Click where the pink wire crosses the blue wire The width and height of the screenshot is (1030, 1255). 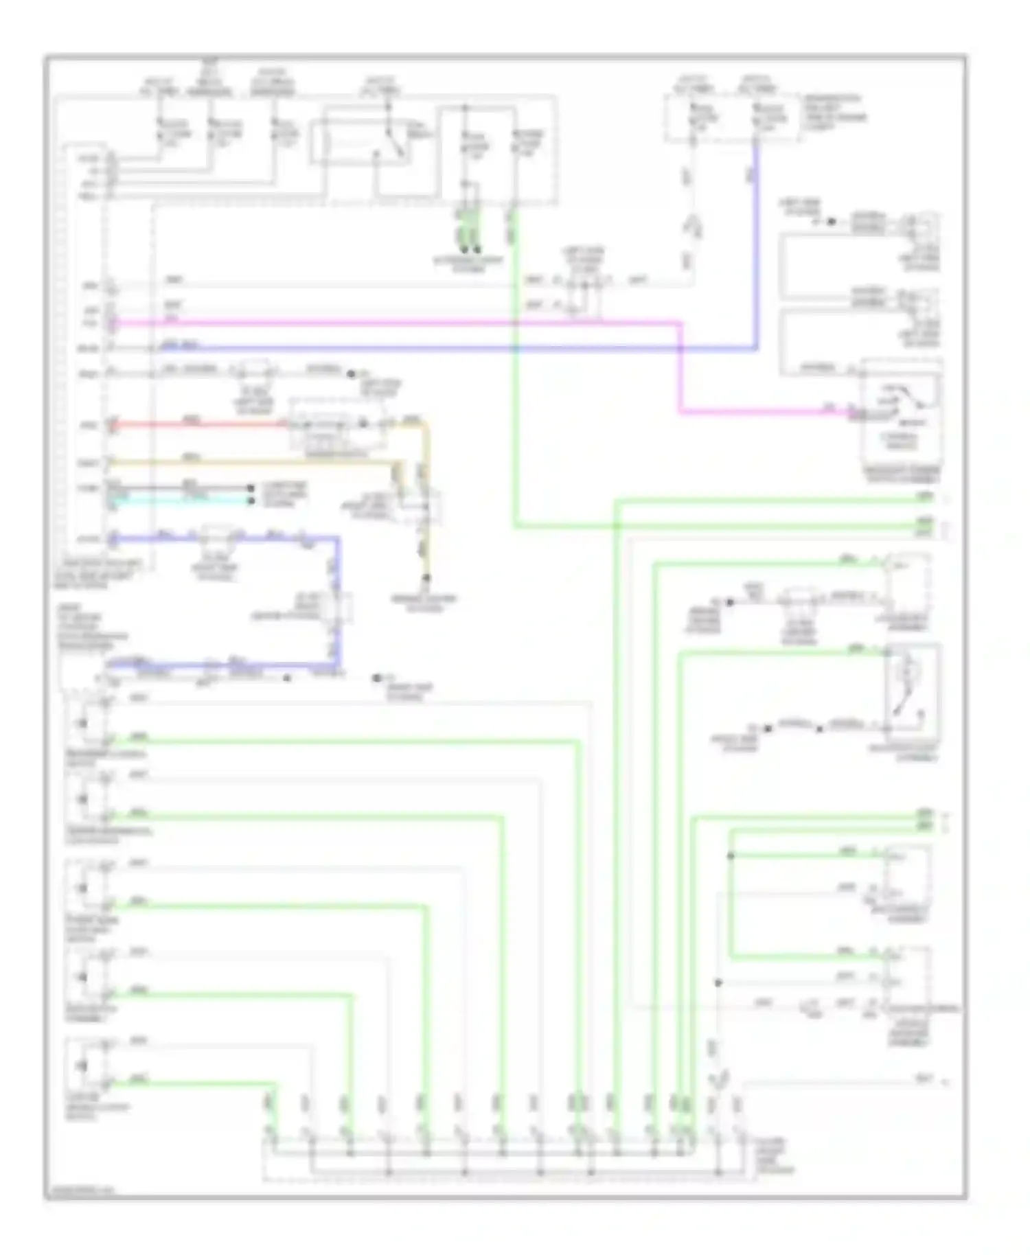pyautogui.click(x=680, y=349)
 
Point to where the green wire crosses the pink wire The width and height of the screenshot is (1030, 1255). pyautogui.click(x=515, y=322)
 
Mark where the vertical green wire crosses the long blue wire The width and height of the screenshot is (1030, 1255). pyautogui.click(x=515, y=349)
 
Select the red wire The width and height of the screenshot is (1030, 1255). pyautogui.click(x=199, y=425)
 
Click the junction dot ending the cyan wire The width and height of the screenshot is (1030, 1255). pyautogui.click(x=251, y=501)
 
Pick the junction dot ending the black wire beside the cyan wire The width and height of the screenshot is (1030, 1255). pyautogui.click(x=251, y=488)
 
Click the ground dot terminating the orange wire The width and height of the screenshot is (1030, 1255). pyautogui.click(x=426, y=579)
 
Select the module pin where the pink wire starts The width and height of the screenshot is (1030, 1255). pyautogui.click(x=112, y=322)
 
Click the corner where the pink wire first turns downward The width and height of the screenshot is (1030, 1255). pyautogui.click(x=680, y=323)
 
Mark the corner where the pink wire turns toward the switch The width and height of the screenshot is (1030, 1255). pyautogui.click(x=680, y=413)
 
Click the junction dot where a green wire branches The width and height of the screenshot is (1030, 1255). pyautogui.click(x=731, y=856)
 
